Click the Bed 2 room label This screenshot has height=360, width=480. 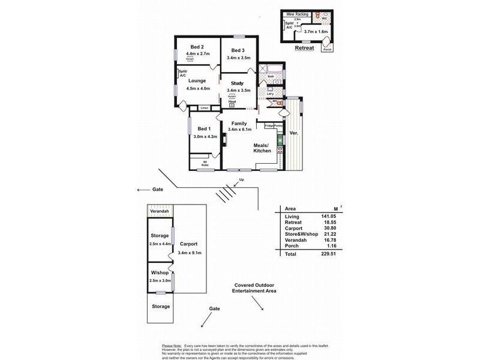pos(197,47)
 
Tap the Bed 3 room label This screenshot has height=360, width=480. pos(238,50)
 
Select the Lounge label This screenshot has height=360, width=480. pos(197,80)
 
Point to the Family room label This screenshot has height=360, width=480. pos(238,123)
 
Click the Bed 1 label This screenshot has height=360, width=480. pos(204,128)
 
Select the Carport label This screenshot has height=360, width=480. pos(188,245)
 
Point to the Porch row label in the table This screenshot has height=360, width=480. pos(292,247)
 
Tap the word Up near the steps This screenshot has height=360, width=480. pos(242,179)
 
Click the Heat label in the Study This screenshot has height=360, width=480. pos(232,101)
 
